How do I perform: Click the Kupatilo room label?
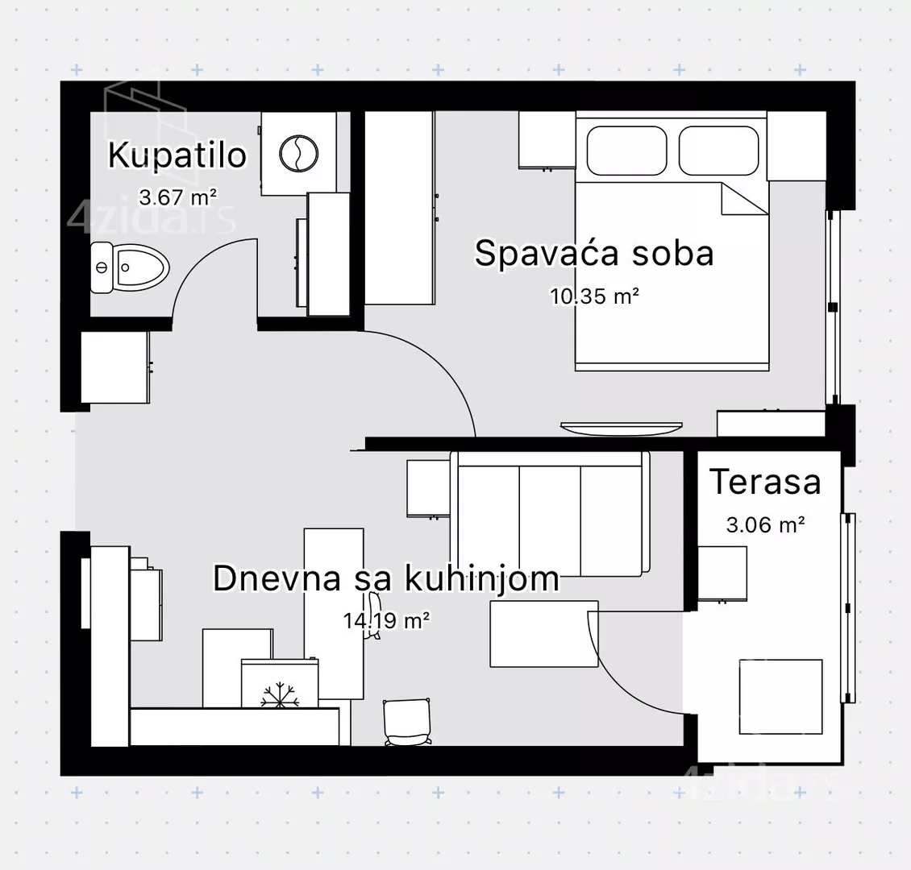click(177, 155)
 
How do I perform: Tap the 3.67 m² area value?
click(178, 197)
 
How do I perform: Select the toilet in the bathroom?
click(130, 267)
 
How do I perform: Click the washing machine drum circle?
click(298, 154)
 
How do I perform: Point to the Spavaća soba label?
click(594, 253)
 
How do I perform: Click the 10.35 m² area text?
click(594, 296)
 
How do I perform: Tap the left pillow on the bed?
click(626, 151)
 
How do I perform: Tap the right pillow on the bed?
click(718, 151)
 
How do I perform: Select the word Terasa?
click(765, 482)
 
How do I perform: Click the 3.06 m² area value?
click(765, 525)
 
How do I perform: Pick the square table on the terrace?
click(780, 697)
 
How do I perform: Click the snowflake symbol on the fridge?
click(280, 694)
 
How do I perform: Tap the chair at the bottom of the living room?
click(407, 722)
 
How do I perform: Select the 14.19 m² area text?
click(386, 620)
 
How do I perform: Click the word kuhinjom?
click(481, 578)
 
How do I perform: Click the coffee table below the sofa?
click(544, 634)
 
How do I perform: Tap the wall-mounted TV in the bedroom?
click(621, 428)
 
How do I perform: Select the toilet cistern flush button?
click(101, 267)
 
